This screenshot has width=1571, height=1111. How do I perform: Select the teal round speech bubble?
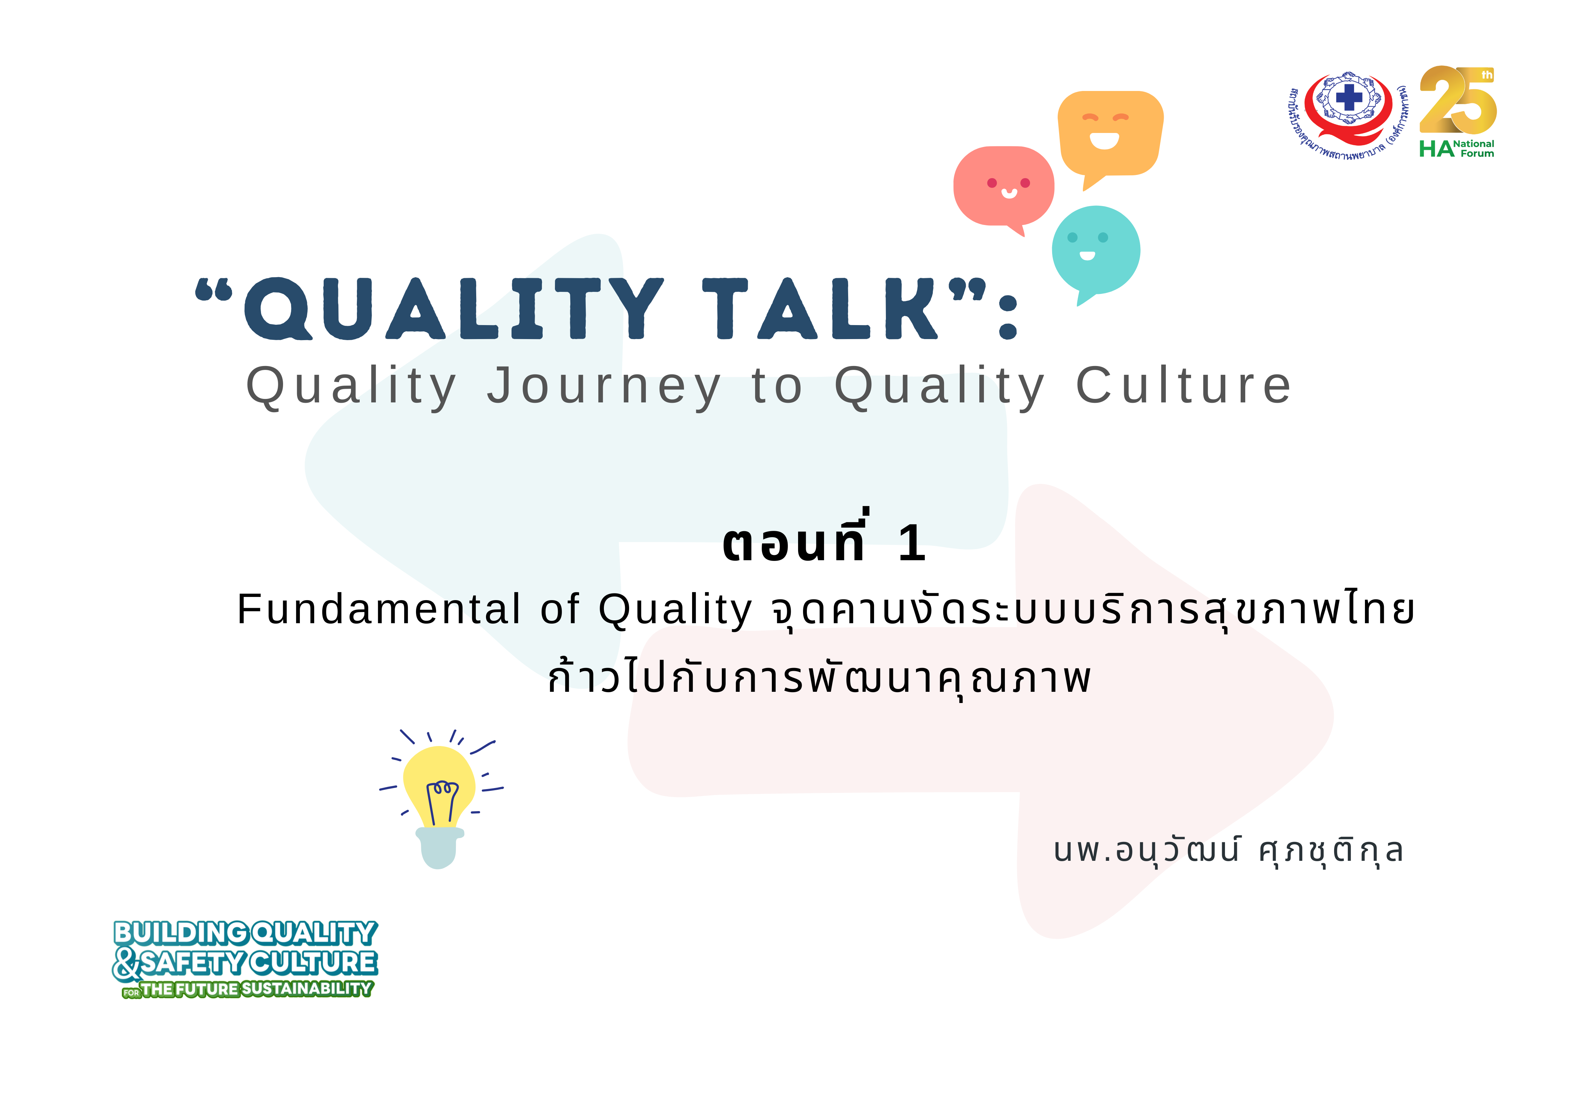(x=1096, y=251)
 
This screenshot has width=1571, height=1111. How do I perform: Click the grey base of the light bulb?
(x=439, y=848)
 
